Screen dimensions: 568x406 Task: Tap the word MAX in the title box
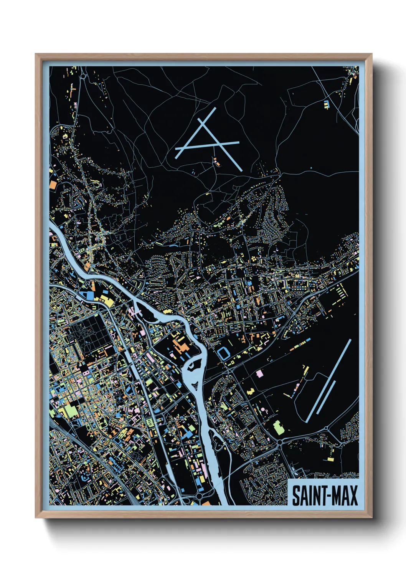[x=345, y=495]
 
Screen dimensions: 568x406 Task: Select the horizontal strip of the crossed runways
[x=207, y=145]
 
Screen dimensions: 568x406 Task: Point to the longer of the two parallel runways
[x=329, y=380]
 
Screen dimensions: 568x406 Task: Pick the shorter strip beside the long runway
[x=326, y=397]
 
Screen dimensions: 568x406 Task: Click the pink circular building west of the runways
[x=264, y=410]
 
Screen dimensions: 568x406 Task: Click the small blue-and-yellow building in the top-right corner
[x=327, y=104]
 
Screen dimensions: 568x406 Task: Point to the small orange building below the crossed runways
[x=216, y=162]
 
